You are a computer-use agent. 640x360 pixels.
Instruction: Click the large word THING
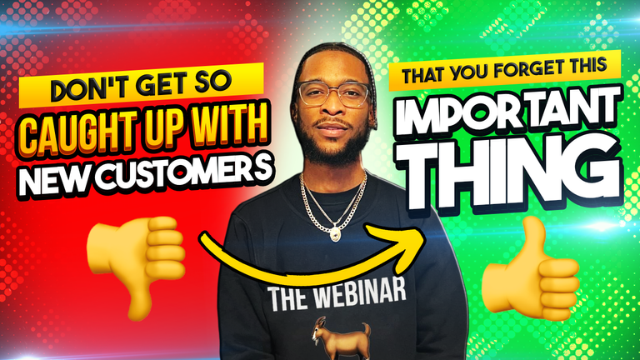[x=508, y=175]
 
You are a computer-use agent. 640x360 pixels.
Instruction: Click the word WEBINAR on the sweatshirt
[x=359, y=294]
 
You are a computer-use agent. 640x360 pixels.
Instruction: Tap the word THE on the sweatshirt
[x=287, y=298]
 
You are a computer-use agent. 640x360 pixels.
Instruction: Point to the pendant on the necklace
[x=336, y=233]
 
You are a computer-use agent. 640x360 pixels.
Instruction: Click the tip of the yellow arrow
[x=425, y=241]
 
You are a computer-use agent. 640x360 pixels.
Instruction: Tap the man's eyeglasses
[x=334, y=93]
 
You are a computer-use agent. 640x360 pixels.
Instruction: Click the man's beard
[x=333, y=142]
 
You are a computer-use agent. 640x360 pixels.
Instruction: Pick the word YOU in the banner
[x=470, y=72]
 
